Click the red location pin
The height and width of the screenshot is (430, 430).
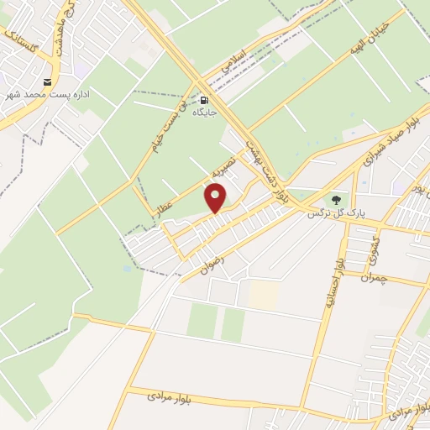click(x=216, y=198)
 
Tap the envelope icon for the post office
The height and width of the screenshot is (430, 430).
click(x=46, y=82)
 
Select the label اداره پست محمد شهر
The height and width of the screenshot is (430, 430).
click(x=50, y=94)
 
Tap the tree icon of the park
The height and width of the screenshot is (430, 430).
click(x=336, y=201)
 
